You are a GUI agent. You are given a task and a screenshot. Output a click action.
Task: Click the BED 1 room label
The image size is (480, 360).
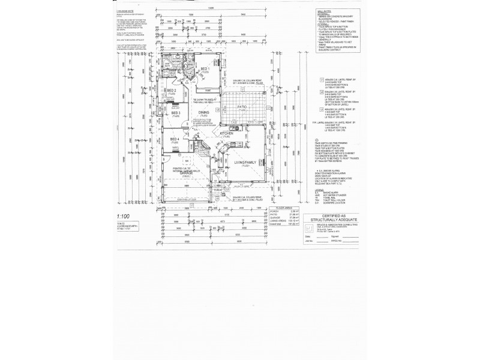click(x=205, y=69)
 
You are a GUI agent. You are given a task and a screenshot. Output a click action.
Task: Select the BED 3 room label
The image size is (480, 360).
click(x=176, y=113)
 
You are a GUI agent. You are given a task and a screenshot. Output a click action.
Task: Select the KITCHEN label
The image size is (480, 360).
click(x=226, y=133)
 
